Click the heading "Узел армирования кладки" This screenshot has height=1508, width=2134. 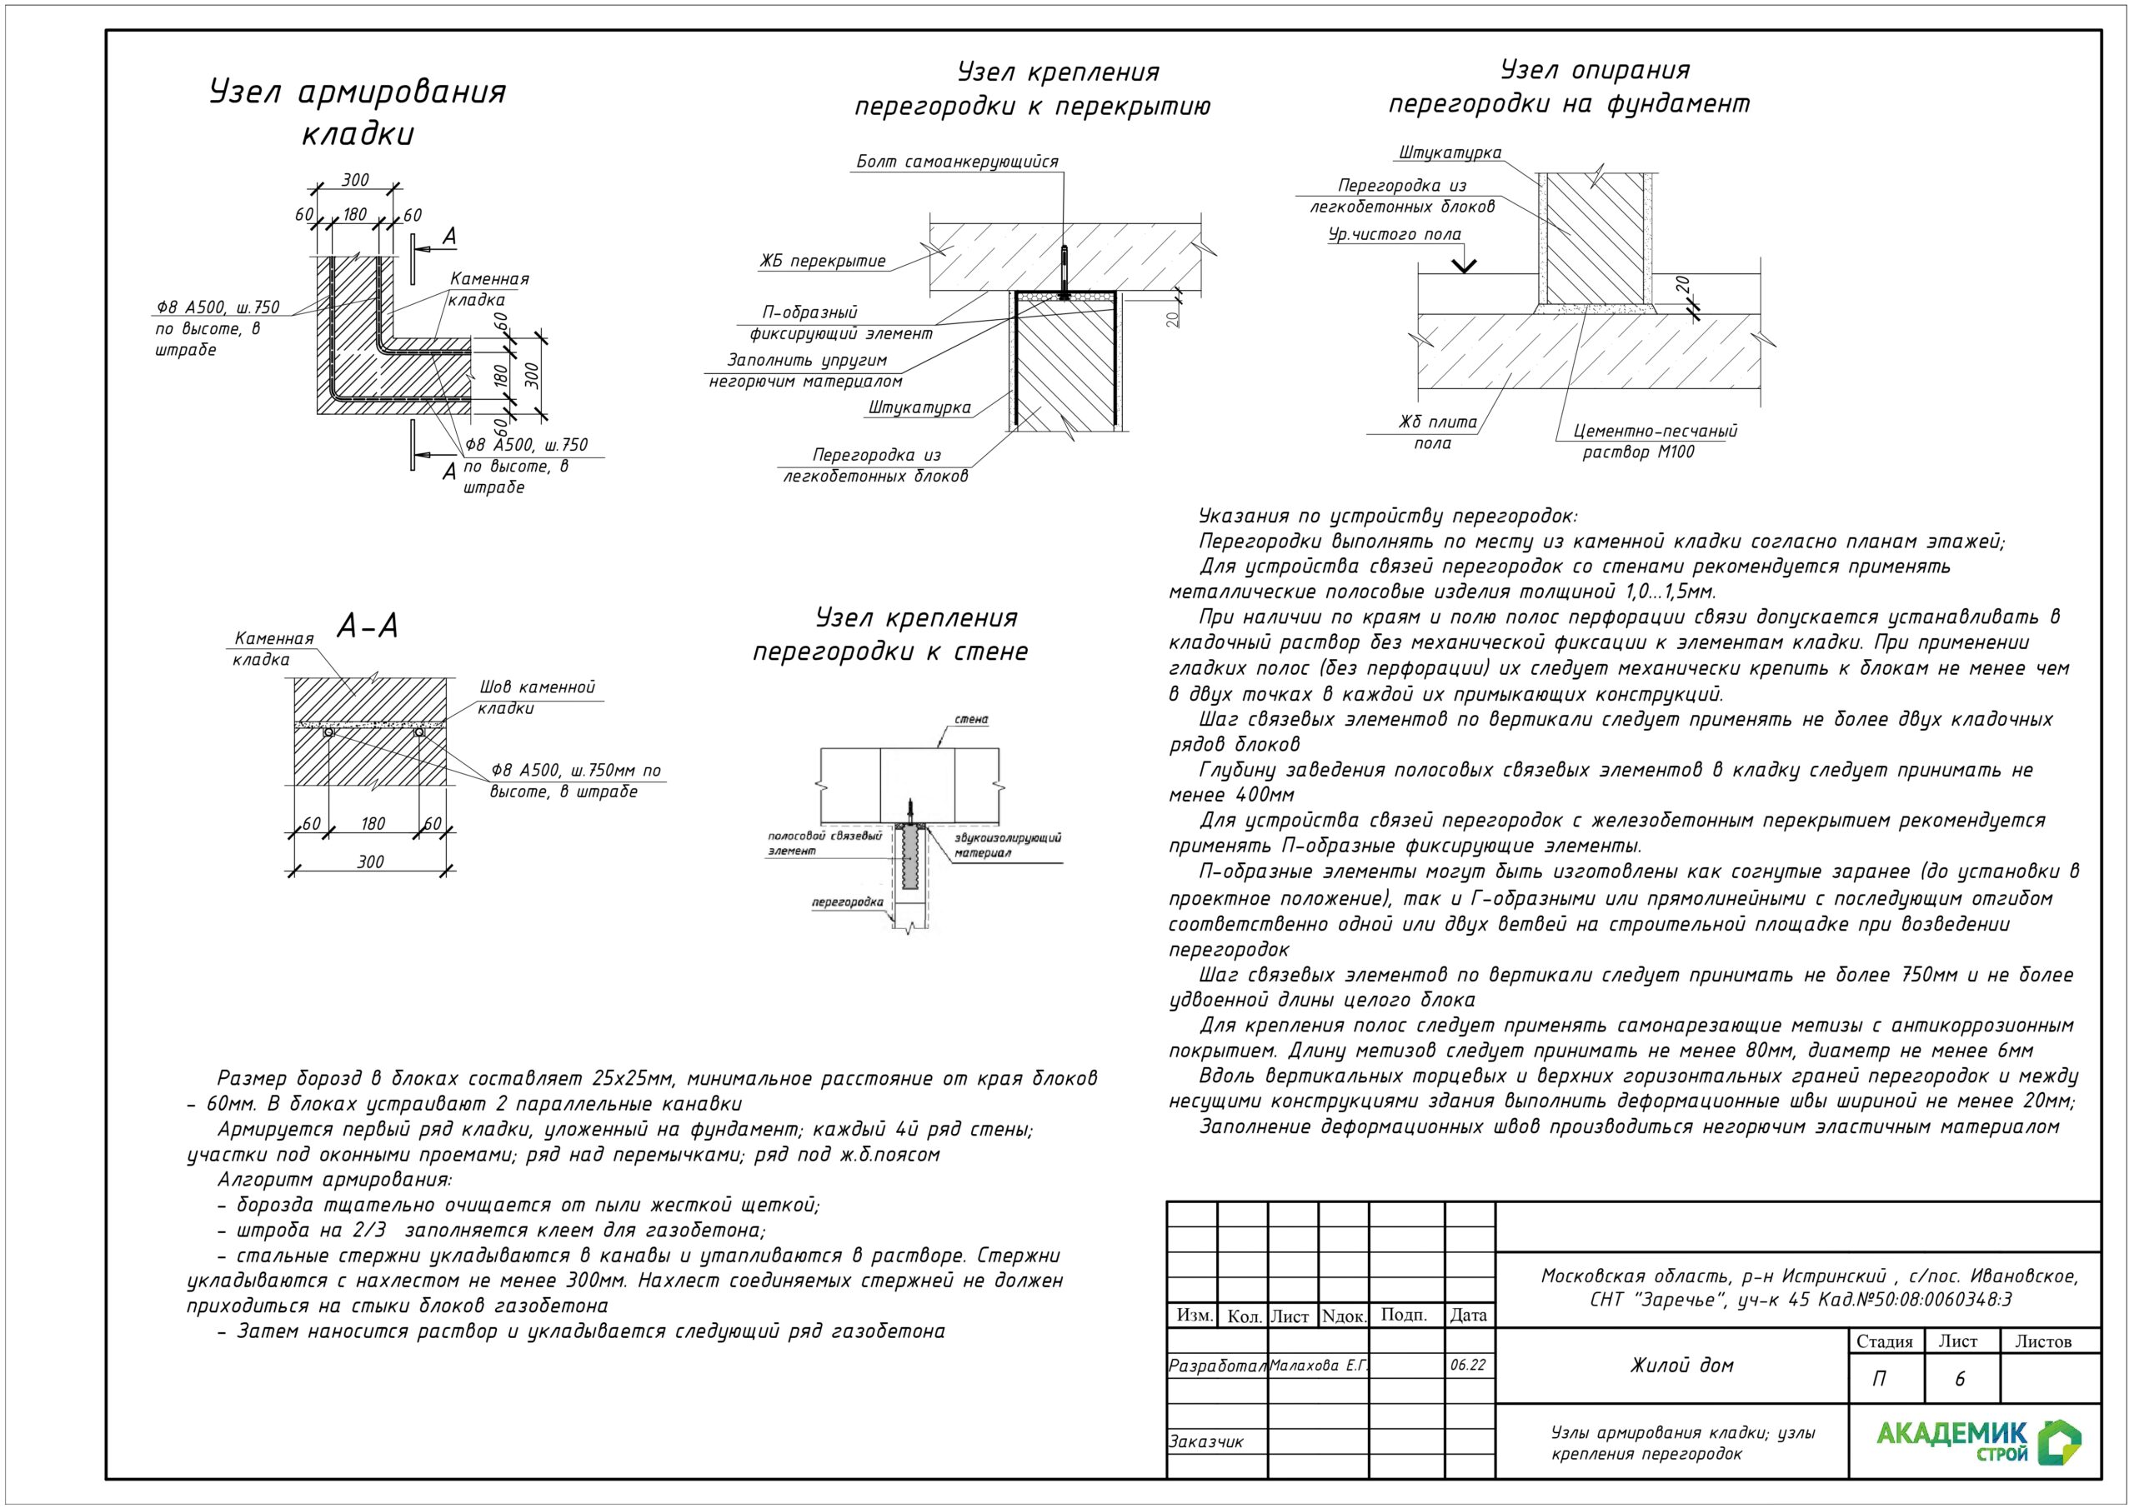pos(358,112)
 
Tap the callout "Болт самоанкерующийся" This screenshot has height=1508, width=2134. pos(956,162)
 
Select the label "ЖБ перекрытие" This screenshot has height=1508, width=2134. pos(823,261)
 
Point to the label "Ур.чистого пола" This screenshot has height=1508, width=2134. pos(1394,234)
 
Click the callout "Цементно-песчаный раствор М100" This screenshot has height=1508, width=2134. pos(1655,442)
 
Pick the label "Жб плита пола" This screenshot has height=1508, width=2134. pos(1437,432)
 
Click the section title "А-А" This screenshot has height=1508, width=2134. pos(367,627)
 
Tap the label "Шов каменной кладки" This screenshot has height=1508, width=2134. pos(536,697)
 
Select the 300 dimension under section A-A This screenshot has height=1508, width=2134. pos(370,861)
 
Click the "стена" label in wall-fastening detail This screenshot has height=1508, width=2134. pos(971,719)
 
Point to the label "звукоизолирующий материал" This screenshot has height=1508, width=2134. pos(1008,845)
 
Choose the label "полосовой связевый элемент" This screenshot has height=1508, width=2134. pos(824,843)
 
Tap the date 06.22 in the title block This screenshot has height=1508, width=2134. pos(1468,1365)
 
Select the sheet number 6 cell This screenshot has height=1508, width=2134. pos(1960,1379)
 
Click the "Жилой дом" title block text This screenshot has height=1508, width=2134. pos(1681,1365)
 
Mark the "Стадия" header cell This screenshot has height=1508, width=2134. pos(1884,1341)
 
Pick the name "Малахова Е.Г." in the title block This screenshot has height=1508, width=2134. pos(1319,1365)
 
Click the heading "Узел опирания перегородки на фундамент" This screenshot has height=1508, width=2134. pos(1569,87)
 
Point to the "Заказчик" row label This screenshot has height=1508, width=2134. pos(1205,1441)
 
